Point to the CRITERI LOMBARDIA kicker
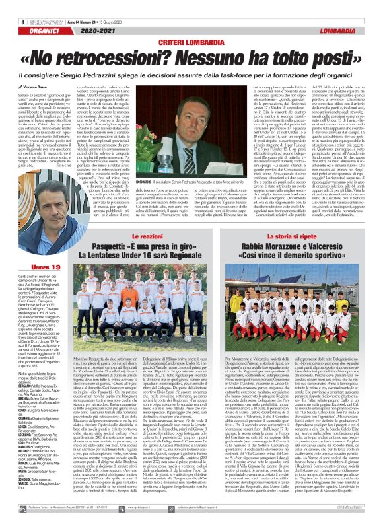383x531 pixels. tap(191, 24)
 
